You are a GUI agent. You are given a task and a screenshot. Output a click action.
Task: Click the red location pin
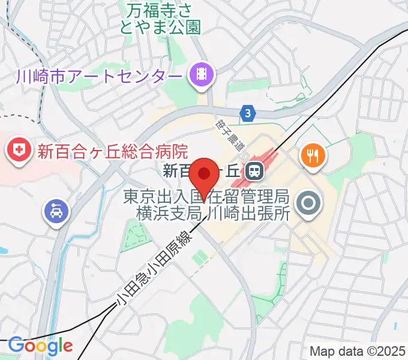(x=205, y=175)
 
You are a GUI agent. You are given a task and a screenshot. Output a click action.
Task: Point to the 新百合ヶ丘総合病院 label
(x=113, y=151)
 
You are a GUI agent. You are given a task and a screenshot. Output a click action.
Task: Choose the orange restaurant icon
(x=313, y=155)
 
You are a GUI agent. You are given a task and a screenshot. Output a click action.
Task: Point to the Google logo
(x=40, y=346)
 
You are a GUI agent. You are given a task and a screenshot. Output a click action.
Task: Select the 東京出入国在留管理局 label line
(x=208, y=196)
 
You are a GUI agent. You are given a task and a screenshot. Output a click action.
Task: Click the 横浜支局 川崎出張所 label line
(x=214, y=212)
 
